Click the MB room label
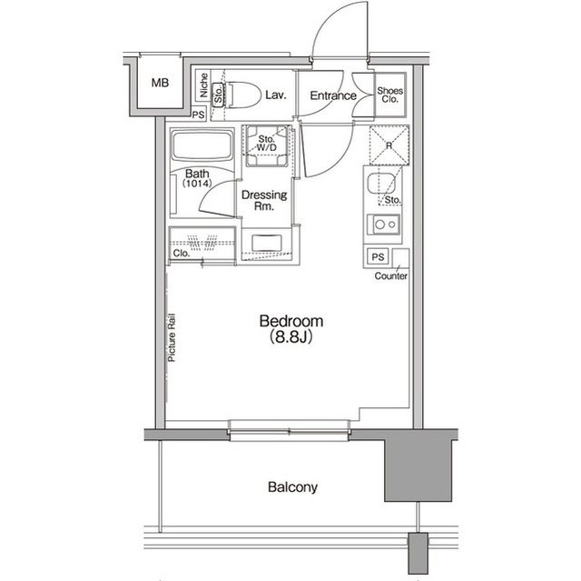(x=160, y=84)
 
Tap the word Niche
(x=203, y=86)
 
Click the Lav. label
(x=276, y=94)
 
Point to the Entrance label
(x=333, y=95)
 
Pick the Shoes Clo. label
(x=391, y=95)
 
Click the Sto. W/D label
(x=266, y=142)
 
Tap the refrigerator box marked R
(x=389, y=143)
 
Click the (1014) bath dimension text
(x=198, y=185)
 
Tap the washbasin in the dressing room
(x=266, y=244)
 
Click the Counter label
(x=391, y=276)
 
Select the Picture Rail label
(x=172, y=339)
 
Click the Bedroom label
(x=290, y=321)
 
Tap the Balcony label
(x=292, y=487)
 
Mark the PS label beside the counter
(x=378, y=257)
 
